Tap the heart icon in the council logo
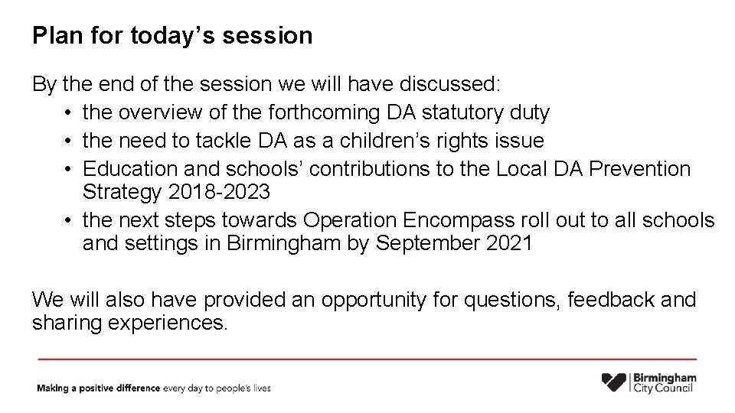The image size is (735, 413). point(615,382)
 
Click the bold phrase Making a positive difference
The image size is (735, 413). point(99,389)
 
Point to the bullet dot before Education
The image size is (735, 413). point(69,168)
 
